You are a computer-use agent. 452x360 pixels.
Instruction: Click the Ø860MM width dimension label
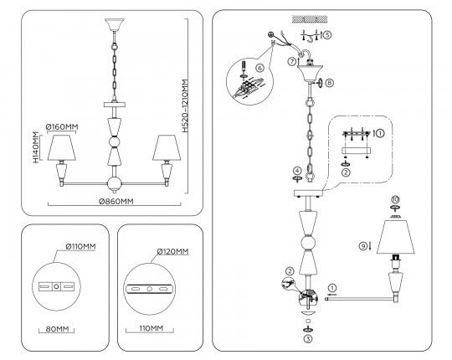(116, 202)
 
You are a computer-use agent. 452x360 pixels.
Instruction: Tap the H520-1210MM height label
(186, 105)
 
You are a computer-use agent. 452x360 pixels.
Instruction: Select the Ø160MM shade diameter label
(62, 126)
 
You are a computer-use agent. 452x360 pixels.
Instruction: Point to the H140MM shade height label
(35, 147)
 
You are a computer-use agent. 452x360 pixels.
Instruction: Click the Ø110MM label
(80, 246)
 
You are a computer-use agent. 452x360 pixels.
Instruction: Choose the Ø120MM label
(172, 252)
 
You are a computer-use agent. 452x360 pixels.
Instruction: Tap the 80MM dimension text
(58, 329)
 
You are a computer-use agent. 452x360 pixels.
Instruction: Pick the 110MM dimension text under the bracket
(151, 328)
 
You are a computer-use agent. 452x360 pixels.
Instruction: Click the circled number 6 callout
(259, 68)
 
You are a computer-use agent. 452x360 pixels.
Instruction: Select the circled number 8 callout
(329, 83)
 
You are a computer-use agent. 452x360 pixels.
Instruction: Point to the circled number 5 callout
(327, 35)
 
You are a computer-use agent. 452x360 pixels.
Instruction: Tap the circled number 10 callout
(395, 199)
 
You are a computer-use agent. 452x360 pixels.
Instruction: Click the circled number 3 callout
(308, 339)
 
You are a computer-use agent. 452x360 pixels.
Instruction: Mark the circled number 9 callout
(363, 246)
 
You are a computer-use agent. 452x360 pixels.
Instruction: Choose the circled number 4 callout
(297, 171)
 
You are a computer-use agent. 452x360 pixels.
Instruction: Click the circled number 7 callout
(292, 61)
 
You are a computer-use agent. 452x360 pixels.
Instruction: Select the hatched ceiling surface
(310, 19)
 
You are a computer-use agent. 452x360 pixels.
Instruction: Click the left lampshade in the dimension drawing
(62, 147)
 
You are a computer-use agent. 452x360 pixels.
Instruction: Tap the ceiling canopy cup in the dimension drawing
(115, 25)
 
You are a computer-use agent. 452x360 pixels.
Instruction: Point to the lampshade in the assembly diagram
(395, 237)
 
